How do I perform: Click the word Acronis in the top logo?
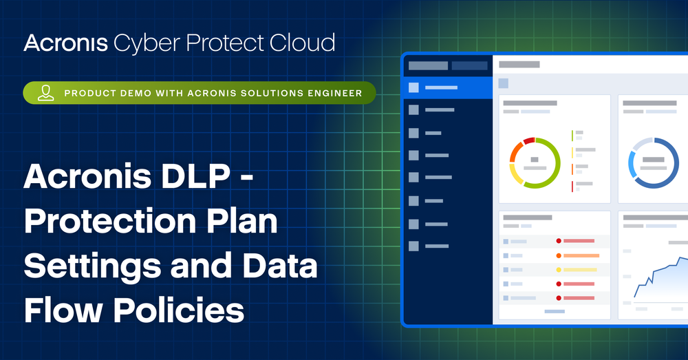(x=65, y=43)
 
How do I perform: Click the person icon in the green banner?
(x=46, y=93)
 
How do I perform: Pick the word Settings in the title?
(x=93, y=267)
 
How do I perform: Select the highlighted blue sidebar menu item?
(x=447, y=87)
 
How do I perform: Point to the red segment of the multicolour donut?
(x=528, y=141)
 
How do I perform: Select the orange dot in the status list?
(x=559, y=255)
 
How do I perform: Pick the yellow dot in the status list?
(x=559, y=269)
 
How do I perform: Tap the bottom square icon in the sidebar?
(x=413, y=246)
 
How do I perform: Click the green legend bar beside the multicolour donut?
(x=572, y=135)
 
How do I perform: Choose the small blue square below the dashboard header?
(x=504, y=83)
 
